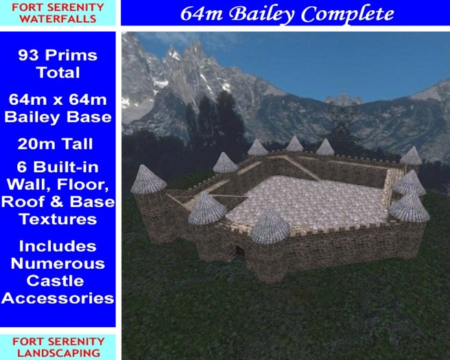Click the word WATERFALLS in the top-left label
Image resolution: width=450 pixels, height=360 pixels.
[x=58, y=19]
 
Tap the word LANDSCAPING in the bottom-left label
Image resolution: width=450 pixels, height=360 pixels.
[x=58, y=352]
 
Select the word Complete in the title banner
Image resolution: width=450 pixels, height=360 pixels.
[x=354, y=13]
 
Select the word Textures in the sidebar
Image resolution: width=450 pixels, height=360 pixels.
[x=58, y=219]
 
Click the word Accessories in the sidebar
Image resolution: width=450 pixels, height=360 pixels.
[x=58, y=298]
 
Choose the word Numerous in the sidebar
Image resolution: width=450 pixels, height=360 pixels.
[x=58, y=263]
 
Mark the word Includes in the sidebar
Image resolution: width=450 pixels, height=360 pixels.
[x=58, y=246]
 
